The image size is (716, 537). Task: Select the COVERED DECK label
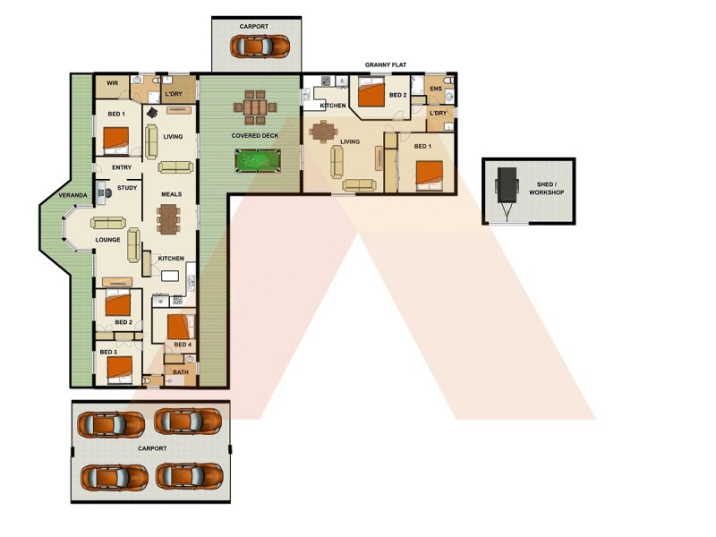pyautogui.click(x=255, y=136)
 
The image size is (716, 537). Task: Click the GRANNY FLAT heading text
pyautogui.click(x=387, y=65)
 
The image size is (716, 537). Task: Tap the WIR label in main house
pyautogui.click(x=113, y=83)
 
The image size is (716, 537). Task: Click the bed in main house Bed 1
pyautogui.click(x=117, y=139)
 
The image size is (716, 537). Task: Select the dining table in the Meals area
pyautogui.click(x=167, y=217)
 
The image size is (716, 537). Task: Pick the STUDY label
pyautogui.click(x=126, y=188)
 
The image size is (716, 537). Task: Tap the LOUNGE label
pyautogui.click(x=108, y=240)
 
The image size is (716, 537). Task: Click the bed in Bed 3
pyautogui.click(x=118, y=367)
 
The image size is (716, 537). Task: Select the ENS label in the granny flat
pyautogui.click(x=435, y=89)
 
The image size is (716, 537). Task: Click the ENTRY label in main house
pyautogui.click(x=122, y=167)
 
